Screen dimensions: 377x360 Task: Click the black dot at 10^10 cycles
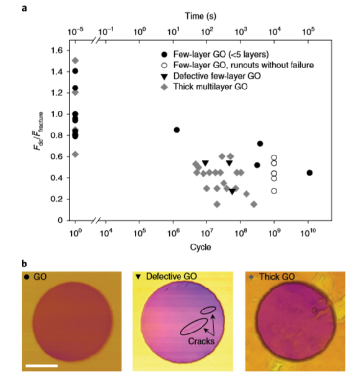coord(309,173)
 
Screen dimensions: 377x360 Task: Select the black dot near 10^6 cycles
coord(177,130)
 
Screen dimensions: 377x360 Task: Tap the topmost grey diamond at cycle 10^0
coord(75,61)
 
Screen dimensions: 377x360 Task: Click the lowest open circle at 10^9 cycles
coord(274,191)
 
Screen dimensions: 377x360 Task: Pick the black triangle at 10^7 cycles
coord(205,163)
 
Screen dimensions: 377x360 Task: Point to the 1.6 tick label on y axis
coord(57,50)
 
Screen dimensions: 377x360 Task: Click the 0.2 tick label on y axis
coord(57,199)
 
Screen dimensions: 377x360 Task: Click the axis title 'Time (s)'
coord(199,16)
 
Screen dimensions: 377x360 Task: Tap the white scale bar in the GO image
coord(42,365)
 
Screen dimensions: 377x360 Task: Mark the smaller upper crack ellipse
coord(208,310)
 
